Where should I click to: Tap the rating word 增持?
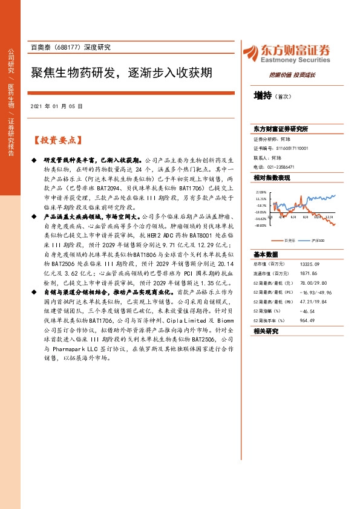point(263,96)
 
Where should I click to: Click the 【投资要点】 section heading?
point(56,140)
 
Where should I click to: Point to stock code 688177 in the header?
point(72,47)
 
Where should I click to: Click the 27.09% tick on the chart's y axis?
point(261,191)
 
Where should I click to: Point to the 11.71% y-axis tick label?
point(261,198)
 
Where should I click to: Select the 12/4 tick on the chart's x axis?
point(329,216)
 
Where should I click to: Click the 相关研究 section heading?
point(266,331)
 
